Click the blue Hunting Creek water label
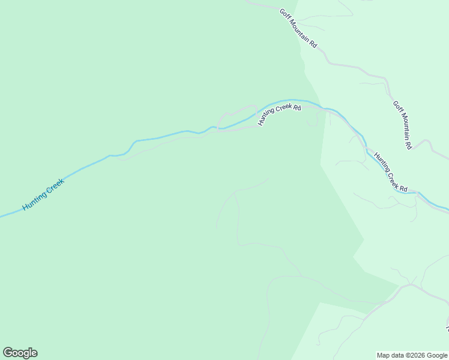tap(43, 194)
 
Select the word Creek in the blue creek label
tap(53, 187)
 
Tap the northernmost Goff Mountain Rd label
tap(298, 28)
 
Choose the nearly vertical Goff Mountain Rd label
tap(403, 124)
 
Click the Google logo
tap(20, 353)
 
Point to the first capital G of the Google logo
tap(7, 352)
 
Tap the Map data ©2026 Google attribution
tap(412, 355)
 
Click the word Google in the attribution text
tap(437, 355)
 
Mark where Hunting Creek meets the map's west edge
tap(1, 216)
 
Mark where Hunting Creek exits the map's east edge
tap(448, 211)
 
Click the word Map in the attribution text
tap(383, 355)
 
